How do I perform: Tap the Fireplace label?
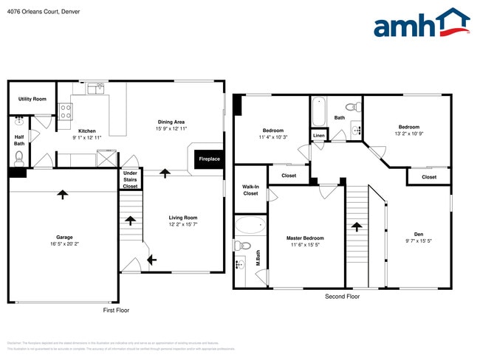(x=209, y=159)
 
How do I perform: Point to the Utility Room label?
(x=32, y=99)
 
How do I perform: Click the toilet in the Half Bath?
(x=19, y=156)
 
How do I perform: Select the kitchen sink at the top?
(x=95, y=89)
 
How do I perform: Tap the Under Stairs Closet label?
(x=130, y=180)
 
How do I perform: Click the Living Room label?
(x=182, y=218)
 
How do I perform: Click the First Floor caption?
(x=115, y=311)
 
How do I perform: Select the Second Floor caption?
(x=342, y=297)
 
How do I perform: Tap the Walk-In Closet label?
(x=250, y=190)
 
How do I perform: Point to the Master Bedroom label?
(x=305, y=238)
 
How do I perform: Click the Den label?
(x=418, y=234)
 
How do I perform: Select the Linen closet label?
(x=318, y=136)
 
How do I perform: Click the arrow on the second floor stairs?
(x=357, y=228)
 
